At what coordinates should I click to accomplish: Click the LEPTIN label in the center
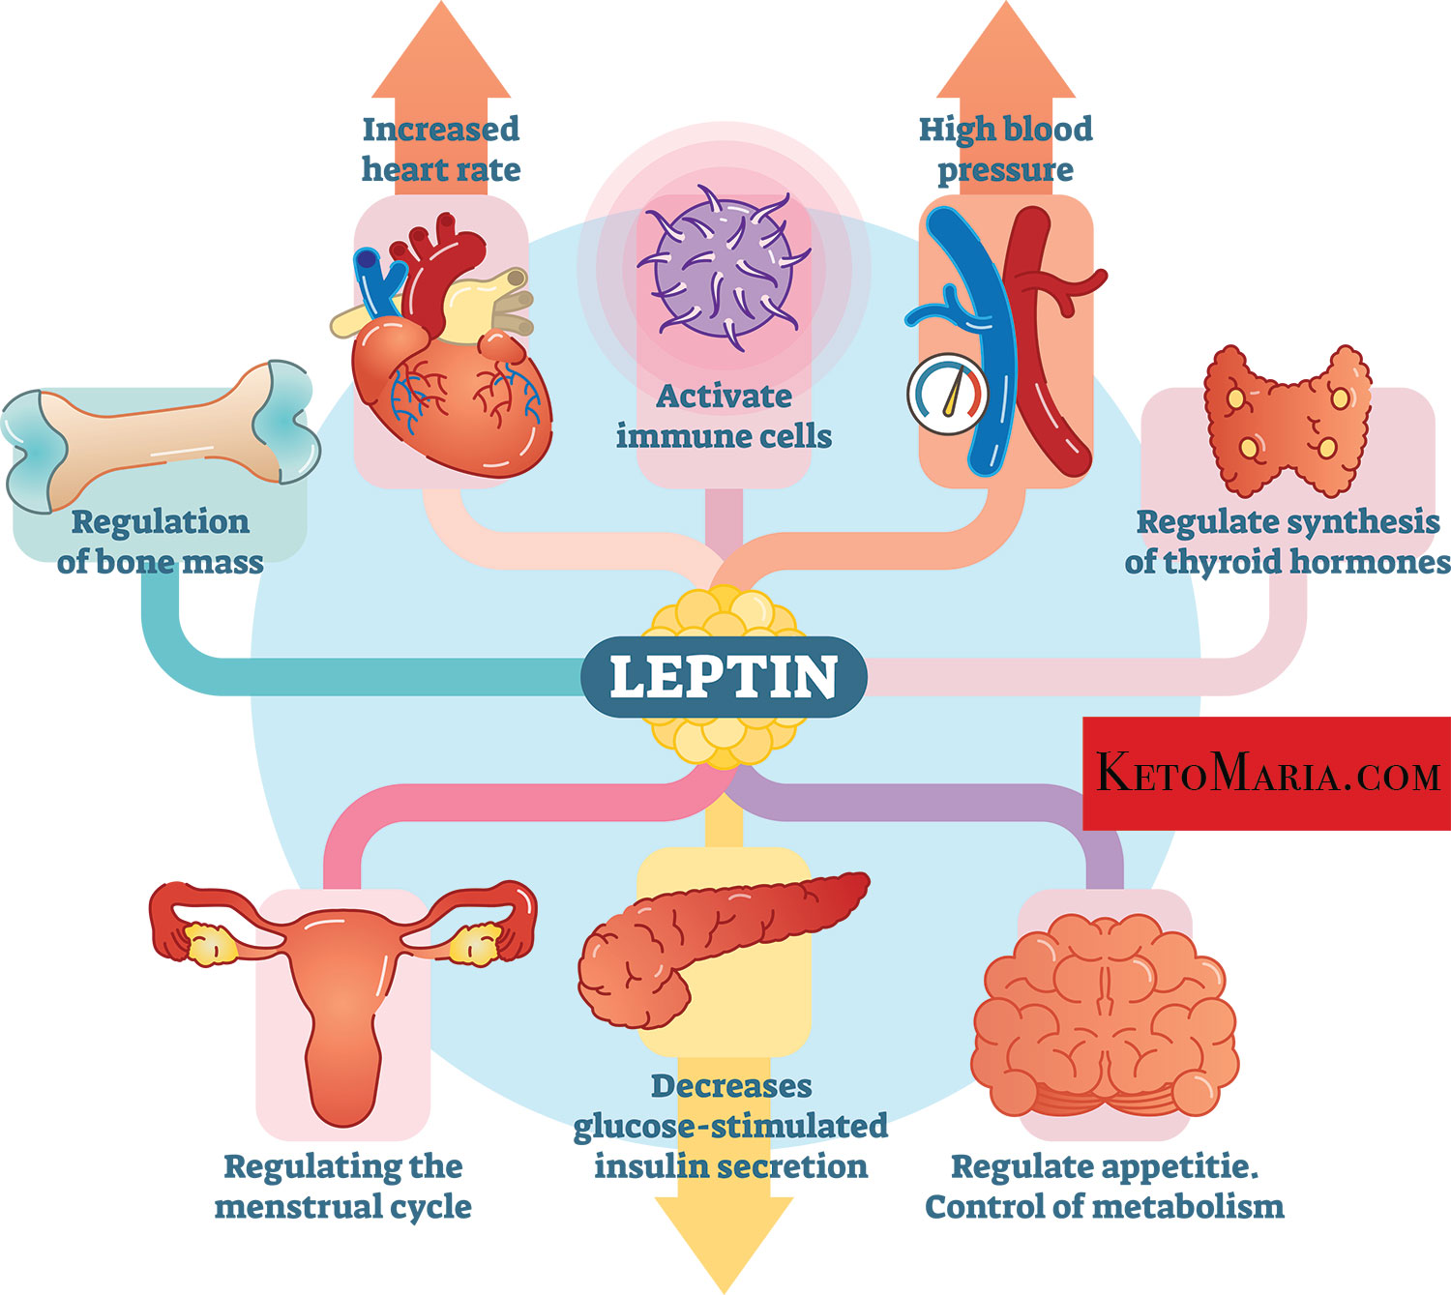tap(723, 676)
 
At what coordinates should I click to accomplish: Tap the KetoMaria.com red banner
tap(1266, 774)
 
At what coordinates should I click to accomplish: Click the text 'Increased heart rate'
tap(441, 149)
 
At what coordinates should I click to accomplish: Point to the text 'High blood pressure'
tap(1005, 149)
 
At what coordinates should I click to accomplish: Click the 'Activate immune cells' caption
tap(724, 416)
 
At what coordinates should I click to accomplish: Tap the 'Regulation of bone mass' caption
tap(160, 542)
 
